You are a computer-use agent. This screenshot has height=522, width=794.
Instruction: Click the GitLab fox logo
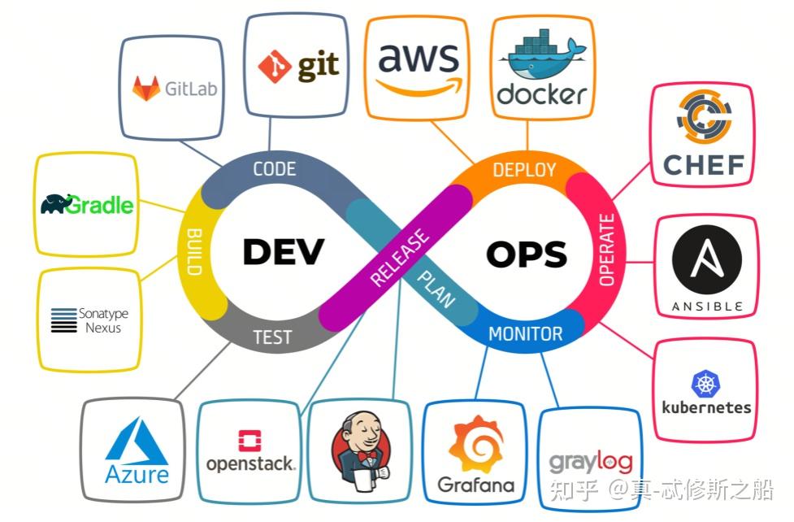coord(146,88)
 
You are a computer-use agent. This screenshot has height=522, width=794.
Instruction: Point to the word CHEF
coord(704,165)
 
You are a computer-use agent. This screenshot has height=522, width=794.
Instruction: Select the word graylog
coord(591,462)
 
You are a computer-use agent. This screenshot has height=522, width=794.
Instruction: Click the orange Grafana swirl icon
coord(475,444)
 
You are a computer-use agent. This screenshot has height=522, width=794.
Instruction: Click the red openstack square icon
coord(249,441)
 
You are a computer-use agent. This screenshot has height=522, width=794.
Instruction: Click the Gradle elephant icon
coord(54,203)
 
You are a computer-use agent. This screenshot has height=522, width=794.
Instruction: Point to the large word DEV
coord(283,252)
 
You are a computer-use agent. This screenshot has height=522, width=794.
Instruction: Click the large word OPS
coord(526,254)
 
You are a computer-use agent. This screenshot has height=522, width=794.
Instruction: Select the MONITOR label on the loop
coord(525,333)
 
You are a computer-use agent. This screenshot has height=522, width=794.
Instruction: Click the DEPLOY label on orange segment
coord(524,170)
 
